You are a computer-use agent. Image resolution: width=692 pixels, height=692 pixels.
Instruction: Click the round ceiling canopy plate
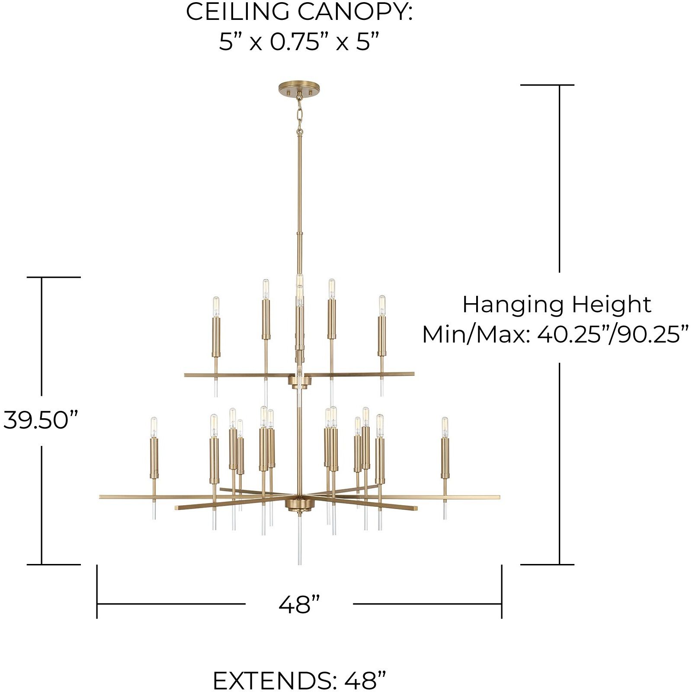pyautogui.click(x=300, y=89)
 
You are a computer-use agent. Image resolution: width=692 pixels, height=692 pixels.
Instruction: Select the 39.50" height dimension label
pyautogui.click(x=41, y=420)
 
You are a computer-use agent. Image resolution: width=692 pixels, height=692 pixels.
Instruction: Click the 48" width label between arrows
pyautogui.click(x=299, y=604)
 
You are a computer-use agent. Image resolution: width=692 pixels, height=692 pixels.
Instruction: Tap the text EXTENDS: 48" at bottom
pyautogui.click(x=299, y=680)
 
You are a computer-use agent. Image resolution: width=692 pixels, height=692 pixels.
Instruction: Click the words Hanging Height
pyautogui.click(x=557, y=304)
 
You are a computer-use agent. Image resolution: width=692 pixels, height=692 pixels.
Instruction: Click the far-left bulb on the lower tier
pyautogui.click(x=154, y=427)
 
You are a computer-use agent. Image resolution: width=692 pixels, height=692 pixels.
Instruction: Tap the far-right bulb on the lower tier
pyautogui.click(x=445, y=427)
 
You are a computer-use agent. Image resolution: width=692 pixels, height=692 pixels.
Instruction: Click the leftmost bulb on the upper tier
pyautogui.click(x=216, y=307)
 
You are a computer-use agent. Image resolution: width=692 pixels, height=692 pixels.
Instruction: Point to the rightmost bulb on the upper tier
pyautogui.click(x=382, y=306)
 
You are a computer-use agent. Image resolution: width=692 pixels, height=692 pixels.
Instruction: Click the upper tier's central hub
pyautogui.click(x=300, y=381)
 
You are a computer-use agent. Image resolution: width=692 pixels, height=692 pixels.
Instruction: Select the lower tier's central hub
pyautogui.click(x=300, y=505)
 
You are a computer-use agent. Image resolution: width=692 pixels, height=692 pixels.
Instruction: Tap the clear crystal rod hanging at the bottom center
pyautogui.click(x=299, y=541)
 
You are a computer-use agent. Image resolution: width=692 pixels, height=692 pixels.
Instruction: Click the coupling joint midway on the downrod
pyautogui.click(x=299, y=234)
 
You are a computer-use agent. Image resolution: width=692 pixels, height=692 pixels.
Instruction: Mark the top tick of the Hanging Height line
pyautogui.click(x=547, y=85)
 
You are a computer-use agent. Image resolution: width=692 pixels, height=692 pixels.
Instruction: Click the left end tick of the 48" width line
pyautogui.click(x=97, y=591)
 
